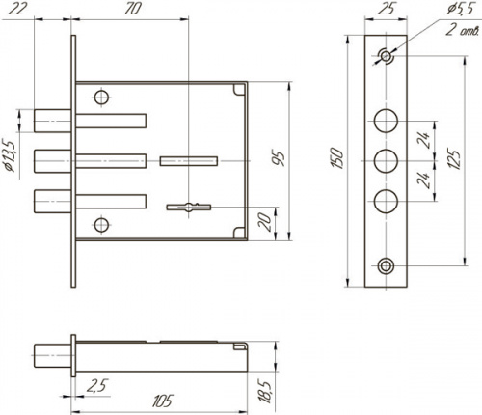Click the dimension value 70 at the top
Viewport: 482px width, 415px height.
tap(132, 9)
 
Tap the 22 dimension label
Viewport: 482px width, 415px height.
tap(16, 9)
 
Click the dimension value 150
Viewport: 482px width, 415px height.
tap(338, 157)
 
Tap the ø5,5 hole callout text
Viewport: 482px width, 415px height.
tap(460, 10)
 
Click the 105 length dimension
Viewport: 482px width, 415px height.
tap(163, 401)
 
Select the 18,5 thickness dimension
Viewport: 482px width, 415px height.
tap(266, 392)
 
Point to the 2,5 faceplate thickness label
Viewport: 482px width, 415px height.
tap(97, 386)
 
